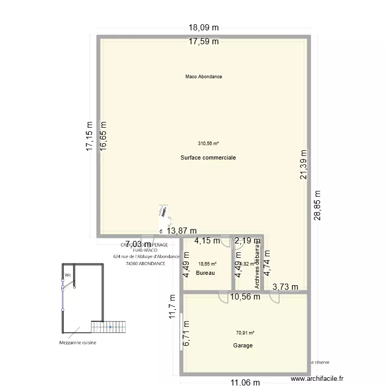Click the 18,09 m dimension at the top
click(203, 29)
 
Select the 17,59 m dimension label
click(203, 42)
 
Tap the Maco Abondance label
click(204, 77)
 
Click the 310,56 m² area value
click(208, 144)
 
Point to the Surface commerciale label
click(208, 157)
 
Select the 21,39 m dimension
click(304, 164)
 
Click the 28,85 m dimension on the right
click(317, 205)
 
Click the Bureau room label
click(205, 273)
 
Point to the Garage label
click(243, 346)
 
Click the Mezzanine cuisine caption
click(77, 342)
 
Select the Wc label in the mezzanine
click(67, 275)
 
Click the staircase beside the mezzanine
click(109, 326)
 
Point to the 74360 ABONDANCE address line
click(146, 263)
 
